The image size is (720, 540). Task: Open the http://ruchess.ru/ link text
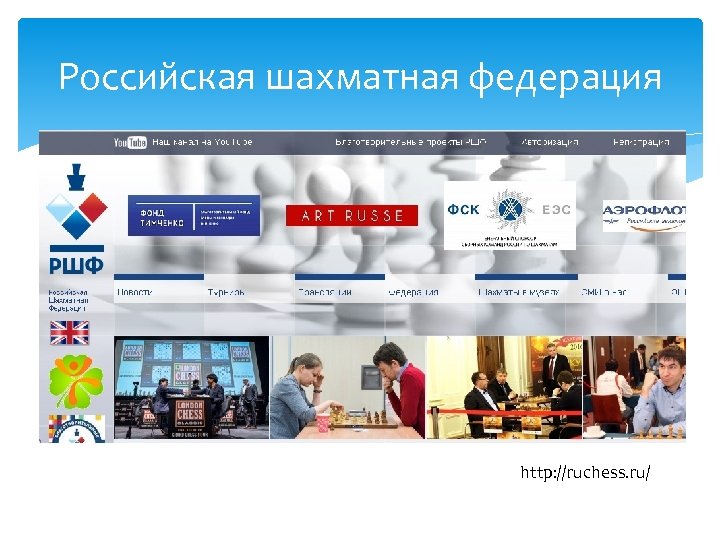point(585,470)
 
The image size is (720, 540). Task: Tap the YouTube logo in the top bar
point(130,142)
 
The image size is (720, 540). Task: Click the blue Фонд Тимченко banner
point(194,215)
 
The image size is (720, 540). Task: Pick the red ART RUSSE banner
point(345,215)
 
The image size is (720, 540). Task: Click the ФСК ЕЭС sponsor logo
point(510,213)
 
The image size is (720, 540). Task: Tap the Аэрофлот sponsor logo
point(644,213)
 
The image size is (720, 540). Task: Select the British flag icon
point(70,332)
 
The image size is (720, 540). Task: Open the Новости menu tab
point(135,292)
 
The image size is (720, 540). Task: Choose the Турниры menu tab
point(226,292)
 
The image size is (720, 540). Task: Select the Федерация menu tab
point(413,292)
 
